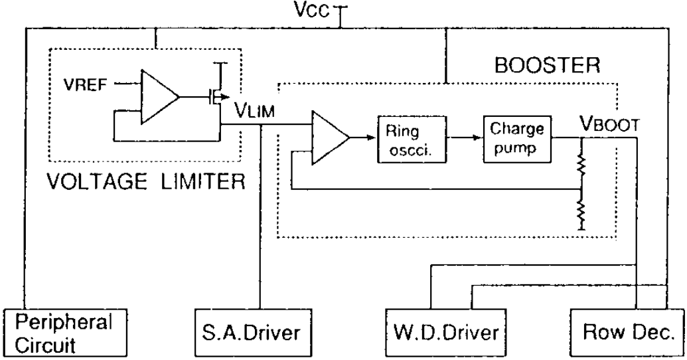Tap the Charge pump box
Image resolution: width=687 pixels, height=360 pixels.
(x=510, y=137)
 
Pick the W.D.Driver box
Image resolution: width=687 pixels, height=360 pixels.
(x=443, y=331)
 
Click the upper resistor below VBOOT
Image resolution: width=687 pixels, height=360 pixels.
(x=582, y=166)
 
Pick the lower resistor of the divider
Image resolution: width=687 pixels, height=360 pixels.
(x=582, y=213)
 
